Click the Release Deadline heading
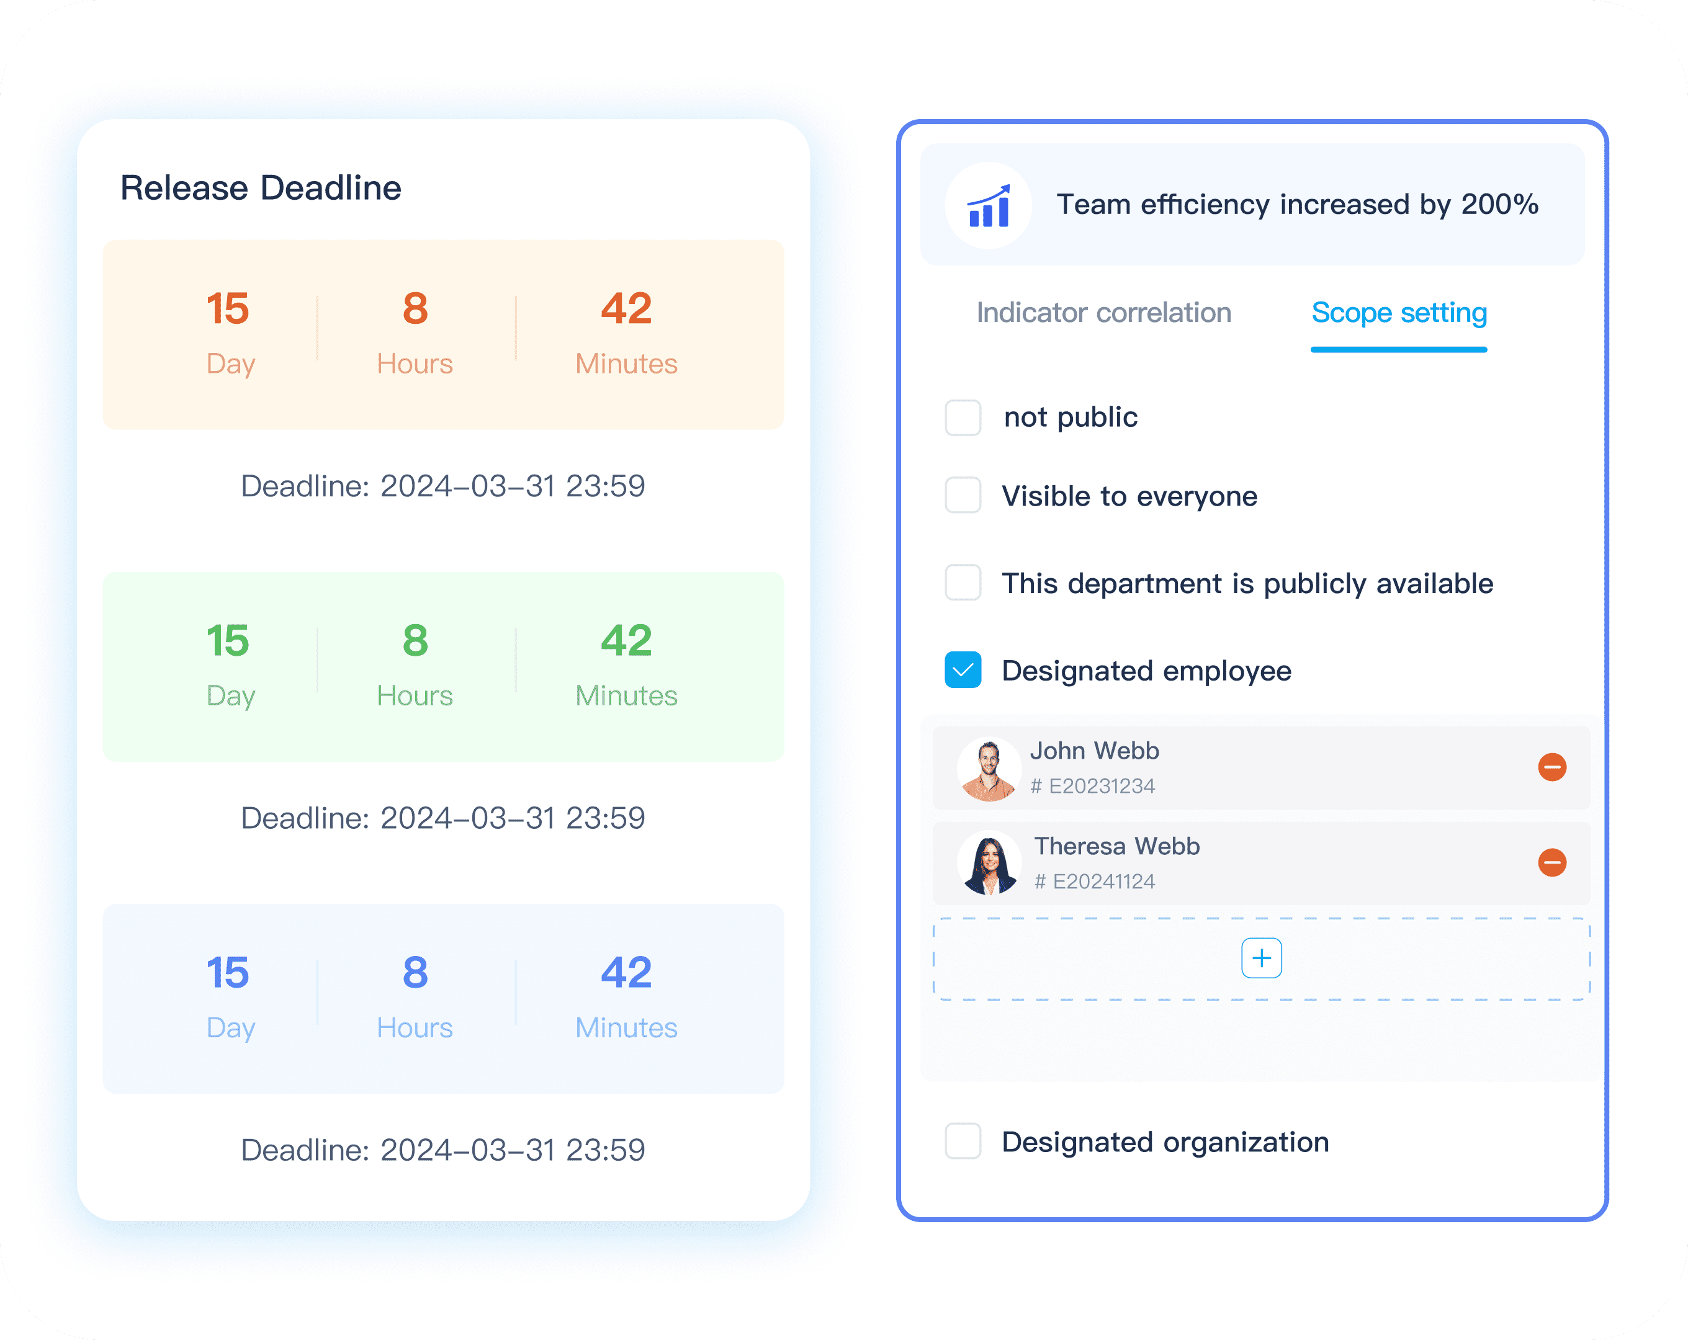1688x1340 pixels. pyautogui.click(x=261, y=188)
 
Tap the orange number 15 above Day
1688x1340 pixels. pyautogui.click(x=228, y=308)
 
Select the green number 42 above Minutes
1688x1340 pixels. pyautogui.click(x=626, y=640)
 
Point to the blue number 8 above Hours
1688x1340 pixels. pyautogui.click(x=415, y=972)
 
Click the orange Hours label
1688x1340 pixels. pyautogui.click(x=415, y=364)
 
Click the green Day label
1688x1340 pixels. pyautogui.click(x=231, y=696)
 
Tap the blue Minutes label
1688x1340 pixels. pyautogui.click(x=626, y=1028)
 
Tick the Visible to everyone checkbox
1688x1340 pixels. pyautogui.click(x=963, y=496)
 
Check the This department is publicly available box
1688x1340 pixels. pyautogui.click(x=963, y=583)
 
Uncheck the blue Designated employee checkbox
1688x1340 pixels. pyautogui.click(x=963, y=670)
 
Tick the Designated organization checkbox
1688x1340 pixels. pyautogui.click(x=963, y=1141)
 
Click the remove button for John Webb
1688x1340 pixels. pyautogui.click(x=1551, y=767)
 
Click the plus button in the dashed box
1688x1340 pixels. pyautogui.click(x=1261, y=958)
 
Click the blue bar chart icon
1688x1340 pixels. pyautogui.click(x=989, y=206)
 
